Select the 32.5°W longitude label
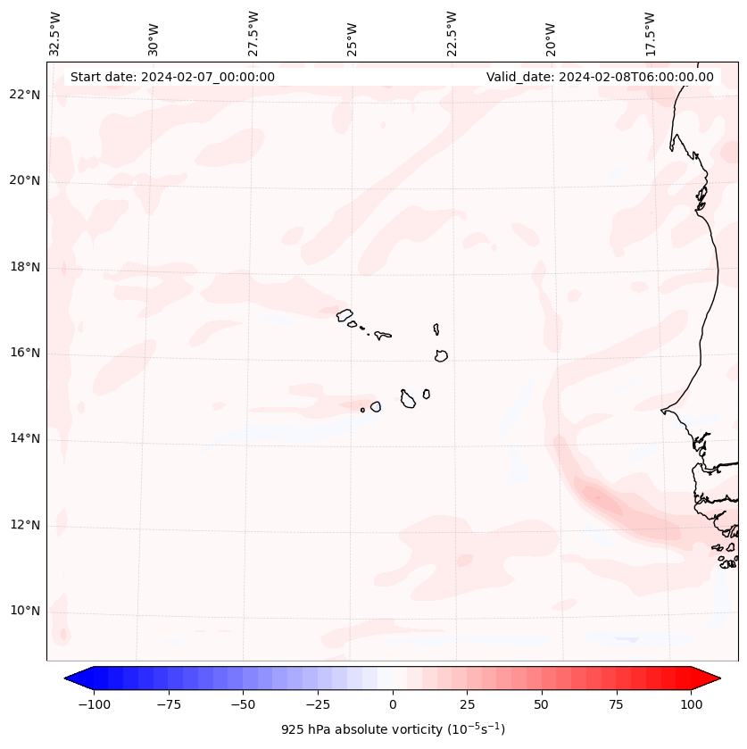pyautogui.click(x=55, y=34)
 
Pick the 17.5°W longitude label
pyautogui.click(x=651, y=34)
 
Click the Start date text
pyautogui.click(x=172, y=77)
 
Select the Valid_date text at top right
pyautogui.click(x=600, y=77)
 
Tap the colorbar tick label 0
pyautogui.click(x=393, y=705)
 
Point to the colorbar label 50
pyautogui.click(x=542, y=705)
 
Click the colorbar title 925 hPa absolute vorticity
pyautogui.click(x=393, y=729)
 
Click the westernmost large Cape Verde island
pyautogui.click(x=344, y=314)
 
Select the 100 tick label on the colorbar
pyautogui.click(x=691, y=705)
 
